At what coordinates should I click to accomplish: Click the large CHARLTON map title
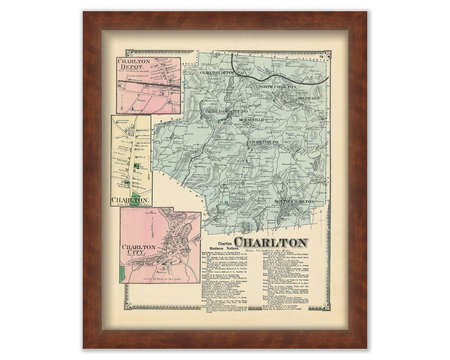(271, 242)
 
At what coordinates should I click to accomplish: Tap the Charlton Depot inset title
(134, 64)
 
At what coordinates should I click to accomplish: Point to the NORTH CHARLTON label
(278, 87)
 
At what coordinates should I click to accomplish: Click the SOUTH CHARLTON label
(294, 202)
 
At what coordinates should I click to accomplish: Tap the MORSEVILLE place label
(252, 120)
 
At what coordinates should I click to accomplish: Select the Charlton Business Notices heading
(221, 246)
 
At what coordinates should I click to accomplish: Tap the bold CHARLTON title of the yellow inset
(130, 200)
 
